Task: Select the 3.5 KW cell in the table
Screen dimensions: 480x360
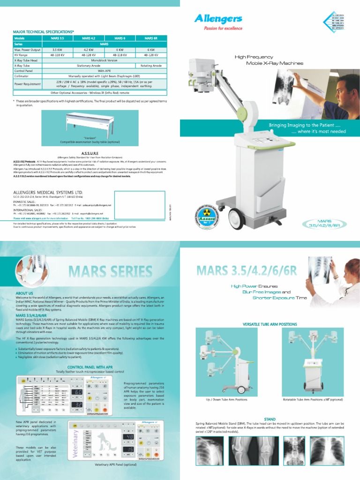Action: tap(57, 49)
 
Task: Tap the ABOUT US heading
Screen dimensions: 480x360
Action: tap(24, 293)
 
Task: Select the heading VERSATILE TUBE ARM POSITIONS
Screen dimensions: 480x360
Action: tap(270, 324)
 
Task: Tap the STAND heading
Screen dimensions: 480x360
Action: tap(270, 419)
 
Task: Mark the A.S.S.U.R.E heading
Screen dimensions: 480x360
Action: tap(90, 153)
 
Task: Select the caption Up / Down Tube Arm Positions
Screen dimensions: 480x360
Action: tap(226, 400)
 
